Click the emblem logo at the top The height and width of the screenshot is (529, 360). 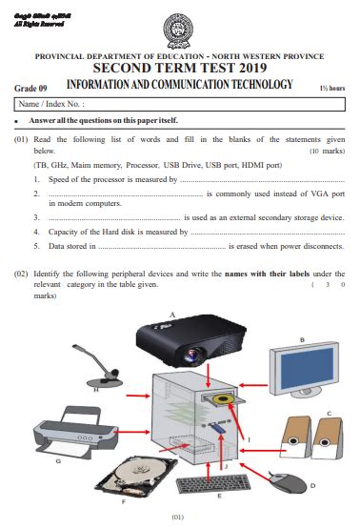[x=179, y=29]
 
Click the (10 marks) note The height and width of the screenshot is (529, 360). [x=327, y=152]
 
